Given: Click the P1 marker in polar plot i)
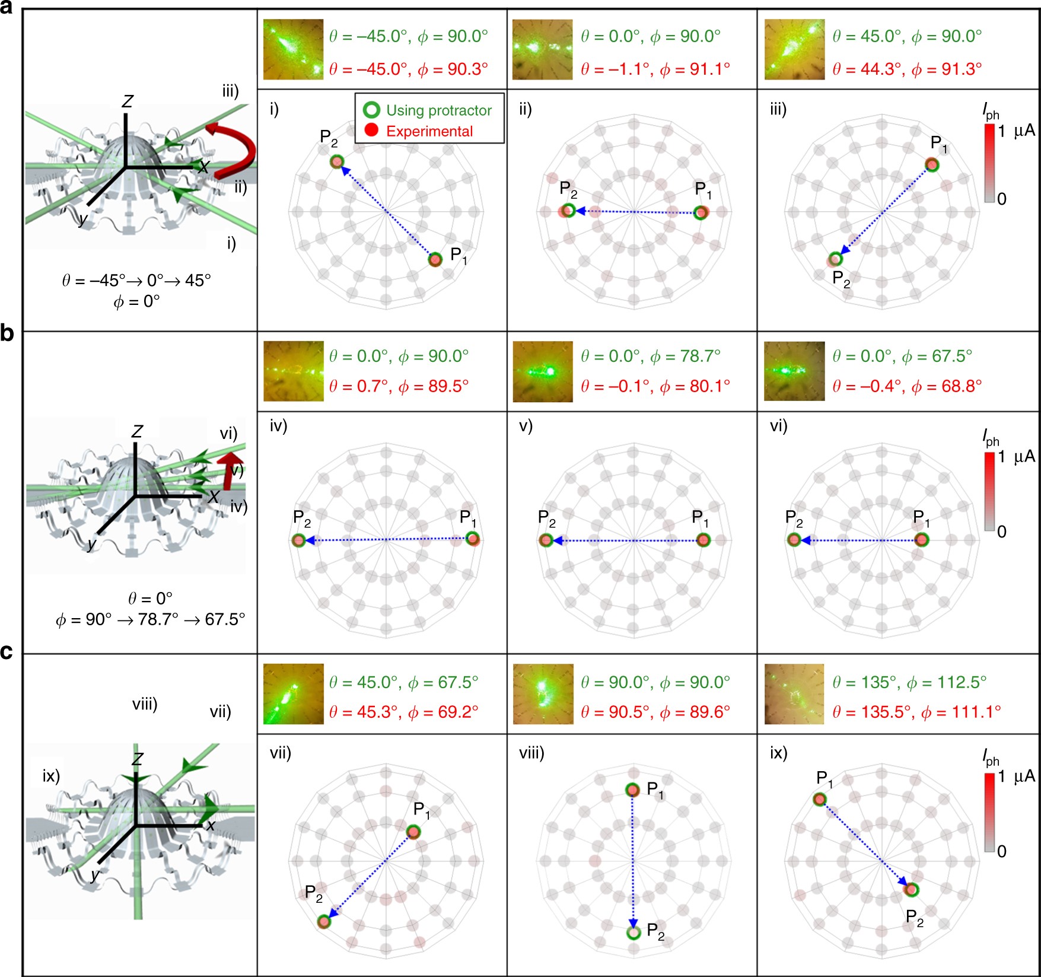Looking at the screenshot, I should click(435, 259).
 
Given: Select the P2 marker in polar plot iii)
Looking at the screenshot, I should click(835, 259).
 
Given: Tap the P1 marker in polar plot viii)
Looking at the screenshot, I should click(632, 790).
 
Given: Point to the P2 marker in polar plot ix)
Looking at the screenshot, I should click(911, 889).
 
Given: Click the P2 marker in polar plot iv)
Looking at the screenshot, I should click(298, 540).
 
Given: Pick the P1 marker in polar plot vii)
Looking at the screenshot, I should click(413, 832).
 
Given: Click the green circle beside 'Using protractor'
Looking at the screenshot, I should click(371, 110).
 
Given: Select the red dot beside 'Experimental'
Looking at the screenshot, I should click(371, 131).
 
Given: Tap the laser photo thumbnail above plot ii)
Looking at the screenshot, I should click(542, 50).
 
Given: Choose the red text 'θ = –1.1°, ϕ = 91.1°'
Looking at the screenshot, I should click(655, 69).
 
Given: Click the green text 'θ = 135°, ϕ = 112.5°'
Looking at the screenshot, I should click(909, 682).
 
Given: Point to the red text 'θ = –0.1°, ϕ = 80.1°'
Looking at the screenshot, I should click(655, 387).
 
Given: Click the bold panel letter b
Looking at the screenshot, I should click(8, 333).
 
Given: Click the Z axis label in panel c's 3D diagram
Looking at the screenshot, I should click(137, 760).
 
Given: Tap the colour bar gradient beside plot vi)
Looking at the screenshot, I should click(989, 492).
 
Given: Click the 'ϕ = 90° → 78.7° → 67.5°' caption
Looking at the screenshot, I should click(150, 620).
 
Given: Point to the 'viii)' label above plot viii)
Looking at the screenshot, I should click(531, 753).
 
